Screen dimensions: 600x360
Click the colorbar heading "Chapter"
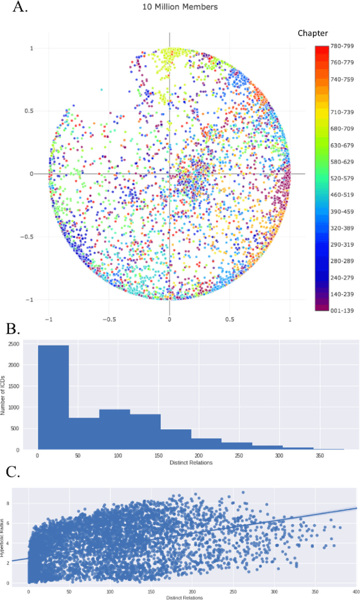(x=313, y=33)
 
